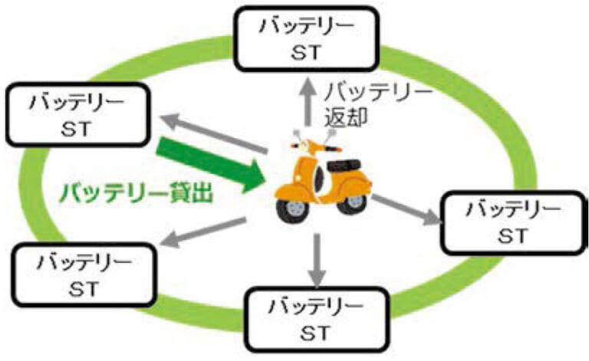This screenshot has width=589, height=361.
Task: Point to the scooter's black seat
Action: pyautogui.click(x=344, y=162)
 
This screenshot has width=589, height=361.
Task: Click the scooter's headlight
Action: pyautogui.click(x=296, y=146)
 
